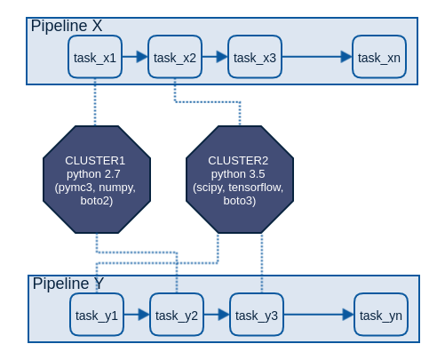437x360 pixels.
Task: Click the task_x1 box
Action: coord(95,57)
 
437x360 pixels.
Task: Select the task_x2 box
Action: coord(175,57)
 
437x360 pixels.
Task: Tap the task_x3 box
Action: coord(255,57)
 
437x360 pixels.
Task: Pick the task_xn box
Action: coord(379,57)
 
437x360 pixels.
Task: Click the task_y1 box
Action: coord(97,315)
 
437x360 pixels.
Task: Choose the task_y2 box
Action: coord(177,315)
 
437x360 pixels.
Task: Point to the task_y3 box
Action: coord(257,315)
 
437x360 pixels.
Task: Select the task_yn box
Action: coord(381,315)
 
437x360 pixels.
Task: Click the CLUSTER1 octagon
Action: coord(96,180)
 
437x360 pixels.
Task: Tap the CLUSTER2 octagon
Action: coord(238,180)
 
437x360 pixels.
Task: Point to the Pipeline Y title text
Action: coord(68,284)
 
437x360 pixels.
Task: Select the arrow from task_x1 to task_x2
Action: coord(135,57)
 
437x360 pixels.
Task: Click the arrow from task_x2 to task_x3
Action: coord(215,57)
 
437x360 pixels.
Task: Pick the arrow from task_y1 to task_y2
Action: coord(137,315)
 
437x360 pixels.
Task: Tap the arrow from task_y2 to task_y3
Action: coord(217,315)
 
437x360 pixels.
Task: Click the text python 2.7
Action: coord(96,174)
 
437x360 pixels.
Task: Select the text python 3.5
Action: coord(238,174)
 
